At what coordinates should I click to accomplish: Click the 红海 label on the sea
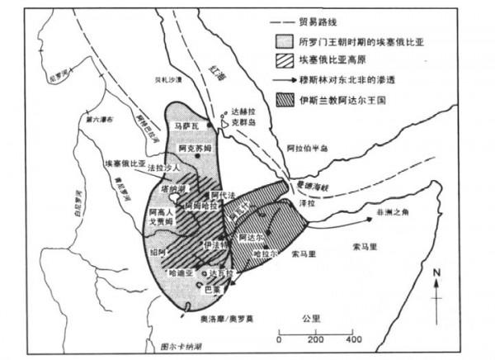(x=217, y=76)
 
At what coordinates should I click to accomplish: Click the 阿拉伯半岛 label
(x=307, y=148)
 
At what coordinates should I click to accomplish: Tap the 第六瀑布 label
(x=99, y=121)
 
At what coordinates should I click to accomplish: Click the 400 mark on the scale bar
(x=353, y=340)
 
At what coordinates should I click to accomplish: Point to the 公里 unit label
(x=311, y=318)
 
